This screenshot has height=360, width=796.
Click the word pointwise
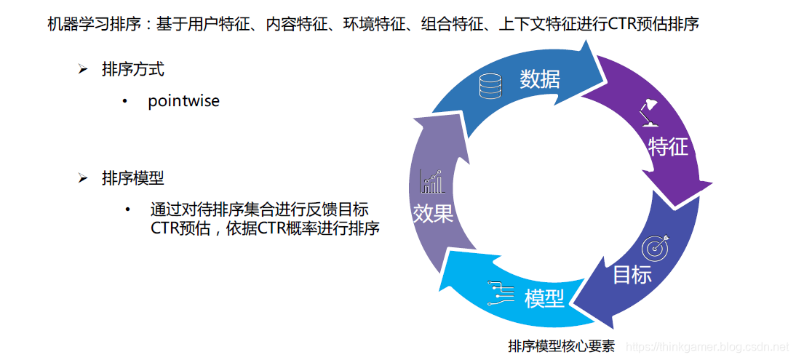(x=183, y=101)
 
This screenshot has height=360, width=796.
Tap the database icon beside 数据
(x=490, y=87)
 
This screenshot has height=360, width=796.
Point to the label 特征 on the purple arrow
(x=668, y=147)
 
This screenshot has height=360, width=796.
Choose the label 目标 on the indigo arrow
(x=632, y=275)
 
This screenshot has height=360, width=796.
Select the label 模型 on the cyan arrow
(x=544, y=297)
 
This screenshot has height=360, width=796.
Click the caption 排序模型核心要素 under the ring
(x=562, y=346)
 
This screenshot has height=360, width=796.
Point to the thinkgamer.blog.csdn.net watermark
(x=707, y=347)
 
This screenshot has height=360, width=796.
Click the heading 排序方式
(x=133, y=70)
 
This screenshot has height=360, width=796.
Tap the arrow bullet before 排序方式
(x=83, y=70)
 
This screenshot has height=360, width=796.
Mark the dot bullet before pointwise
(x=127, y=101)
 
